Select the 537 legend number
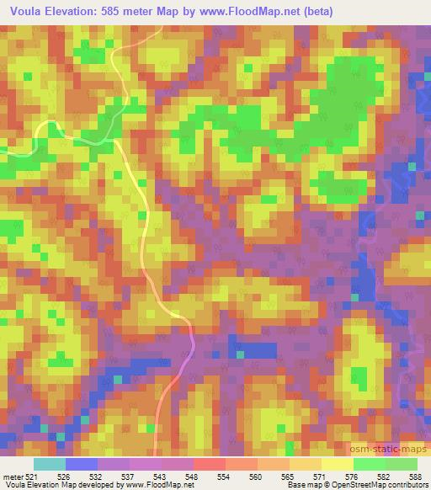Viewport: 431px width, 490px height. pyautogui.click(x=129, y=476)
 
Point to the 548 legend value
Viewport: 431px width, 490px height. pyautogui.click(x=193, y=476)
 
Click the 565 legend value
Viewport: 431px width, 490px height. pyautogui.click(x=288, y=476)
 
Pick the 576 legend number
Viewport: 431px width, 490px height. pyautogui.click(x=352, y=476)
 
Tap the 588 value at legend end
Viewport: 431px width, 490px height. pyautogui.click(x=416, y=476)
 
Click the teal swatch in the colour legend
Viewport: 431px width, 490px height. pyautogui.click(x=49, y=464)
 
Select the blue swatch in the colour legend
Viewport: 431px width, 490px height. pyautogui.click(x=81, y=464)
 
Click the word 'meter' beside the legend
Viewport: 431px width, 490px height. pyautogui.click(x=13, y=476)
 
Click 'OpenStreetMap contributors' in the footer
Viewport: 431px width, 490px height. pyautogui.click(x=386, y=485)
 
